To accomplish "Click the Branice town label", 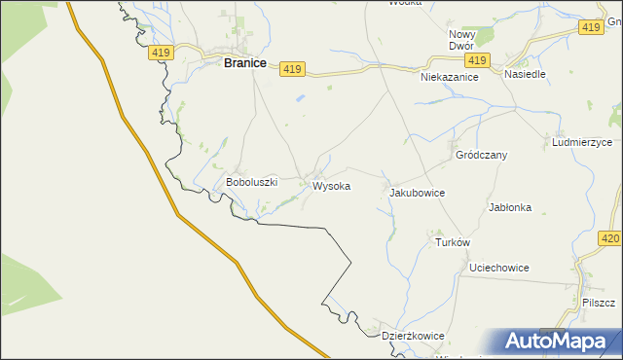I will tap(245, 62).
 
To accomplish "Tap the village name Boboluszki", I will tap(252, 182).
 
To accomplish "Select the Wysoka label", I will tap(331, 185).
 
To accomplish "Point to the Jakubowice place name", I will tap(417, 193).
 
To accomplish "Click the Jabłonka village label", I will tap(509, 207).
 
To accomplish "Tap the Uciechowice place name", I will tap(498, 267).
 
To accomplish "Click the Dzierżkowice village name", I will tap(413, 336).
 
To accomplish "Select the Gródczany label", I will tap(481, 155).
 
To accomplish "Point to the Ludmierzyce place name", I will tap(582, 142).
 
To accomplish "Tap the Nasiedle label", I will tap(525, 74).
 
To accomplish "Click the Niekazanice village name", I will tap(450, 76).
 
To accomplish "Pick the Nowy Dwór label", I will tap(460, 40).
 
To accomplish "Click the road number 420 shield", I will tap(610, 237).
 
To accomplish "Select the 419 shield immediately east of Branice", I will tap(293, 69).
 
